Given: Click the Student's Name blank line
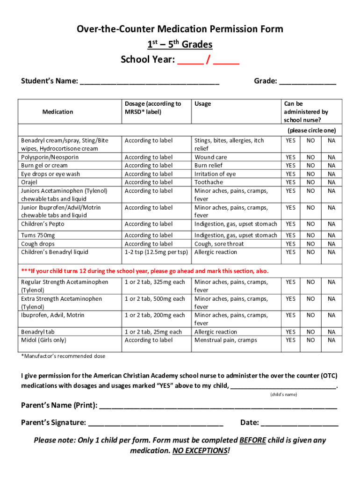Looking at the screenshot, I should [x=149, y=82].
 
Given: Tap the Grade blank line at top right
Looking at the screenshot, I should [x=307, y=82].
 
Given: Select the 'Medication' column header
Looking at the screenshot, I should [x=58, y=112].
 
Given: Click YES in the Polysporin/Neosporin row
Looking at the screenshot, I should [x=291, y=157].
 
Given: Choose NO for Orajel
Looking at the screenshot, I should [x=310, y=182].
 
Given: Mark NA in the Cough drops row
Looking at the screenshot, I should [x=331, y=244].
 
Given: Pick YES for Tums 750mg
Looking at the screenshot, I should [x=291, y=235].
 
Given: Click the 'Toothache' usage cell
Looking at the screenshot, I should [x=209, y=182].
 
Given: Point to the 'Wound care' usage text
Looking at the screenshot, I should [x=210, y=157].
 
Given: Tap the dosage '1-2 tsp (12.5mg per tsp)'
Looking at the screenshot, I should [x=156, y=252].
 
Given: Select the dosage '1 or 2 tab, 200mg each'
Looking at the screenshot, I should [x=155, y=315].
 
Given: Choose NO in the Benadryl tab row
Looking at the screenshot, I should [x=310, y=332].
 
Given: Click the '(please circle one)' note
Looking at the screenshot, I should [x=311, y=131].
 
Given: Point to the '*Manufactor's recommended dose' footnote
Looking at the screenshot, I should [x=63, y=356].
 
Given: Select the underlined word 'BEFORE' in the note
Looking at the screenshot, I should [x=252, y=441].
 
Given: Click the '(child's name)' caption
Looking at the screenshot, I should [x=284, y=395].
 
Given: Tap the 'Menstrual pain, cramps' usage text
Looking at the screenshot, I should [x=225, y=340].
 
